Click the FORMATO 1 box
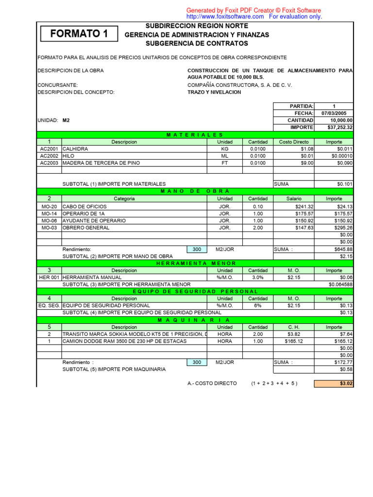79,33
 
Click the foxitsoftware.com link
225,17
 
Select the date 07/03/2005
334,113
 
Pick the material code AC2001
49,149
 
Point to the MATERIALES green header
195,134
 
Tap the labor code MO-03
49,228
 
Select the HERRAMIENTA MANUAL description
92,278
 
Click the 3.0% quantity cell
257,278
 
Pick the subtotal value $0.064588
340,284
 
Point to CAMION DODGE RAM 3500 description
124,341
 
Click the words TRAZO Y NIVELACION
214,92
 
